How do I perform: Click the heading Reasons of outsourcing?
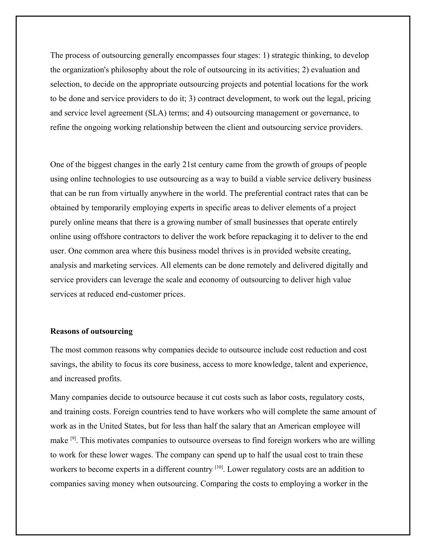pos(91,331)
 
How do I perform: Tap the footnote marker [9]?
pos(73,439)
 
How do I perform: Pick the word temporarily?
pos(111,208)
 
